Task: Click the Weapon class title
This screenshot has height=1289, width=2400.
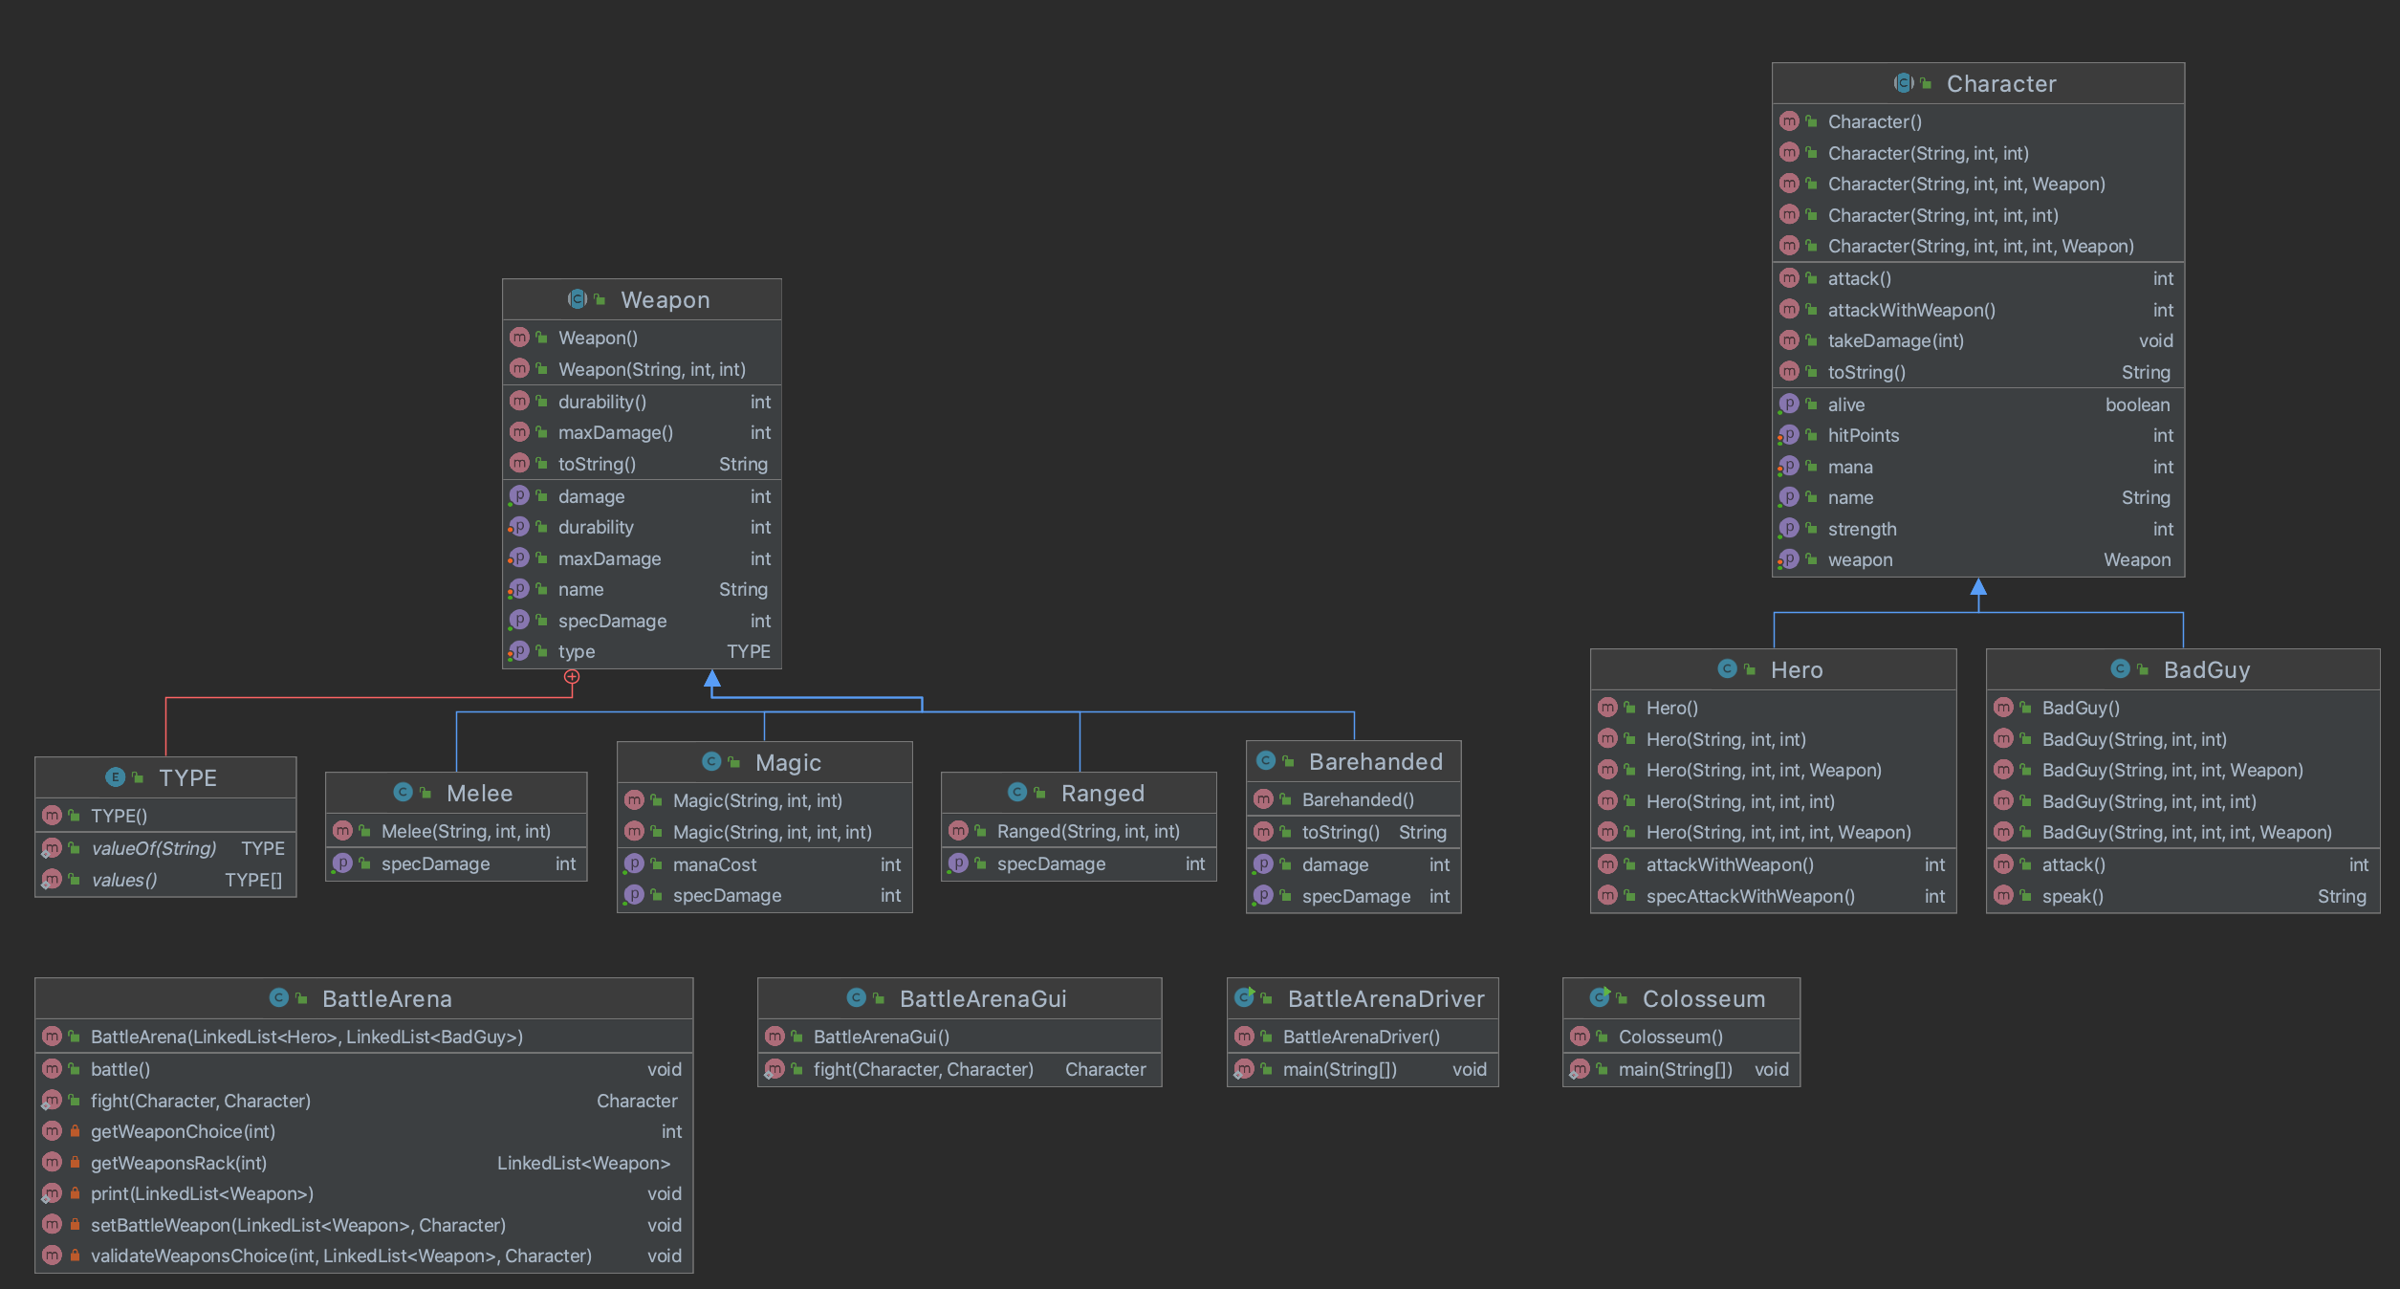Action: pos(665,300)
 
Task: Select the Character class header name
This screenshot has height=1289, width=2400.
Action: pos(2000,84)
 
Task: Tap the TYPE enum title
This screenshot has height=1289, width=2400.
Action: pos(187,778)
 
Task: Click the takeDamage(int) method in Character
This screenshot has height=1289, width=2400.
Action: pos(1895,341)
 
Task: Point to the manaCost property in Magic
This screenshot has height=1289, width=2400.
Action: pos(714,865)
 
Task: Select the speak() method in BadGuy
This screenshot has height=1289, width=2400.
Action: pos(2072,897)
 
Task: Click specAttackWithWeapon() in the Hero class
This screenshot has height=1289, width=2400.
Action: pos(1750,897)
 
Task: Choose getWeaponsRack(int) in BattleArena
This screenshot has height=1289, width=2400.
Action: pos(179,1164)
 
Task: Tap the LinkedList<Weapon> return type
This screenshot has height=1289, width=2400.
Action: pos(583,1164)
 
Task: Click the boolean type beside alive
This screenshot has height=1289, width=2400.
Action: pos(2137,405)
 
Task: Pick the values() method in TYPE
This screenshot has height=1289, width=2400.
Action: pos(124,881)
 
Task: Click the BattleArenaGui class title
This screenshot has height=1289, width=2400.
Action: pos(982,999)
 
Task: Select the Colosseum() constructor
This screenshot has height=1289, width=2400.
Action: pos(1670,1038)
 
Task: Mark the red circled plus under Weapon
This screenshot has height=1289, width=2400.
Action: pos(572,677)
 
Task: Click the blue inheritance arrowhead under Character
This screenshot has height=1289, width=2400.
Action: pos(1978,586)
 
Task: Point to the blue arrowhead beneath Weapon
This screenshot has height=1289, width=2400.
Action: pos(712,678)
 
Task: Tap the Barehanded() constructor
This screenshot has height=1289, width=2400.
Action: pos(1358,800)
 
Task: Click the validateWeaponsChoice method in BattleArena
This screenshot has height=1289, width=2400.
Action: pos(340,1256)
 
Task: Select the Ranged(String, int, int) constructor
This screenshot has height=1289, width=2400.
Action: pos(1088,832)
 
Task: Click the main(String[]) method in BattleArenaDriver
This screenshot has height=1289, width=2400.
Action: pos(1340,1070)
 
